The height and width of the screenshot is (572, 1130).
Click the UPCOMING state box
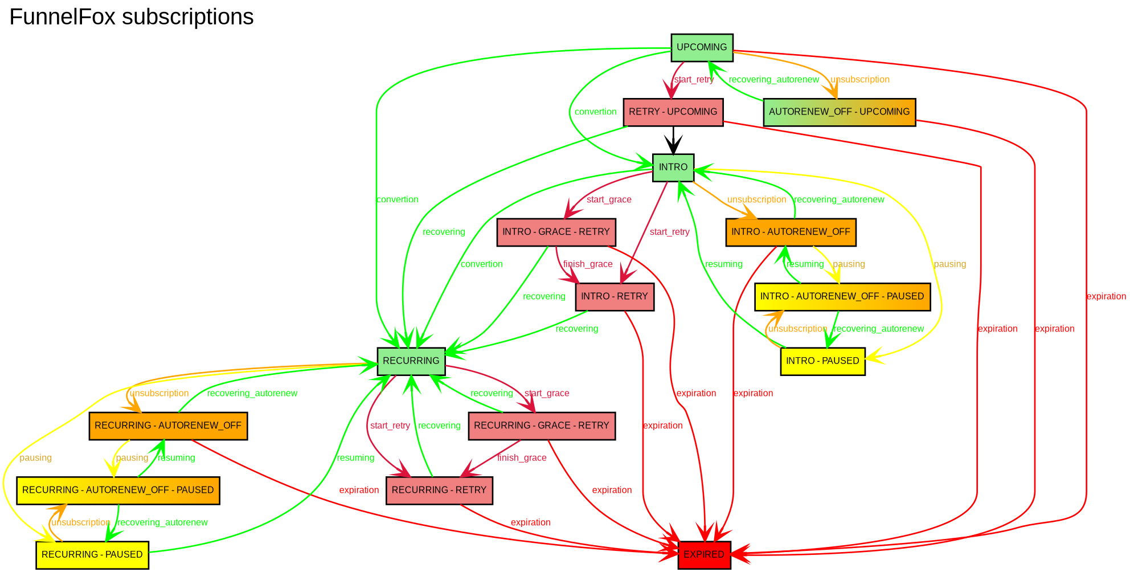coord(702,47)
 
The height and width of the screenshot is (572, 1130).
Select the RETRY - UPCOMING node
coord(673,112)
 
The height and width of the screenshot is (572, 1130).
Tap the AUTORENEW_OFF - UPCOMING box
coord(839,112)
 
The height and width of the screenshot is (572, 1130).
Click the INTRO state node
coord(673,167)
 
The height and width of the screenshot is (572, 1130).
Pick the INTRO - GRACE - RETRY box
coord(555,232)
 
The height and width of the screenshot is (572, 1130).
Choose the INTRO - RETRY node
coord(615,296)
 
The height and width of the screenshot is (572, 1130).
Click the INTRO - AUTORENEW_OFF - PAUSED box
coord(842,296)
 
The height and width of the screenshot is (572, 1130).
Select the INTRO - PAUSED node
coord(822,361)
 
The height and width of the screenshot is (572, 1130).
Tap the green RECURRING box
coord(411,361)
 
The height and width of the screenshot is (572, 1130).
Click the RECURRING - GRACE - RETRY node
coord(541,426)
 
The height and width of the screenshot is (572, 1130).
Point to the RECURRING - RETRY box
coord(439,491)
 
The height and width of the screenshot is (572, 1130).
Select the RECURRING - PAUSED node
coord(92,555)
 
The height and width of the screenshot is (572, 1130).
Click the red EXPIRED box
coord(704,555)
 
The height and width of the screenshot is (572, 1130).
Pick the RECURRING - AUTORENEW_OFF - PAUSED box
coord(118,491)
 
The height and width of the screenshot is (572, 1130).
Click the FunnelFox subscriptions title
coord(132,17)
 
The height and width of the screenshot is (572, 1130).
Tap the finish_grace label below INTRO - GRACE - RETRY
coord(588,264)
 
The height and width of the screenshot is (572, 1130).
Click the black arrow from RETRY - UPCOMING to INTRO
coord(673,140)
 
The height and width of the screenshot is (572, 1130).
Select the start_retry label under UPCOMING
coord(694,80)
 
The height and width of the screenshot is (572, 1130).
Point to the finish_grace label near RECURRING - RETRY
coord(522,458)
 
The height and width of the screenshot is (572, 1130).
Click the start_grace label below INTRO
coord(609,200)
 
